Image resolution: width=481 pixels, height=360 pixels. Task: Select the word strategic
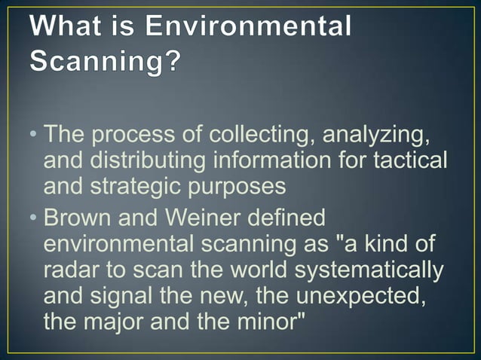click(151, 185)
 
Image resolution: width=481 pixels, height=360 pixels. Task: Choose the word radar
click(70, 270)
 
